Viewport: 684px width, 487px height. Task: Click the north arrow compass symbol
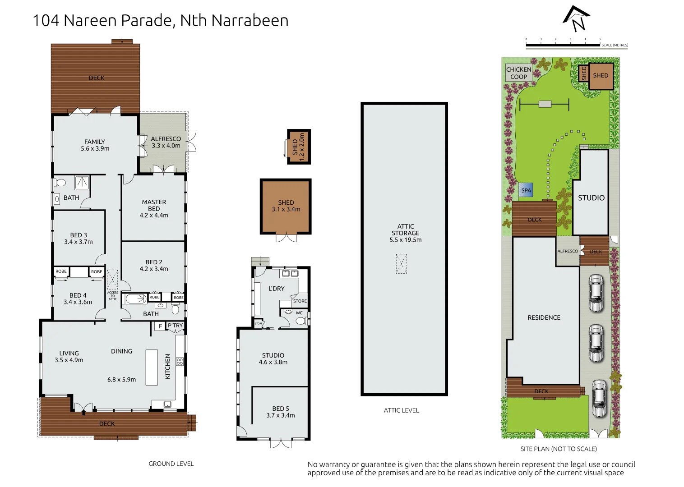pyautogui.click(x=576, y=18)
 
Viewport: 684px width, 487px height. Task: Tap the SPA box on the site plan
pyautogui.click(x=526, y=190)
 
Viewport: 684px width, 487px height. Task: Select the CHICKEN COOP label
pyautogui.click(x=518, y=73)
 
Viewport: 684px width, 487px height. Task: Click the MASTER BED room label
pyautogui.click(x=154, y=205)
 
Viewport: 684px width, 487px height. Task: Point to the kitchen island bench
pyautogui.click(x=152, y=367)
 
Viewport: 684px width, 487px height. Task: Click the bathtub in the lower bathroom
pyautogui.click(x=136, y=298)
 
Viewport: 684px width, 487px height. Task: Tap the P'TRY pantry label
pyautogui.click(x=175, y=326)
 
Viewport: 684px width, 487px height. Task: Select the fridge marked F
pyautogui.click(x=160, y=326)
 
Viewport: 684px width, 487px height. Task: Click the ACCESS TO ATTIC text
pyautogui.click(x=112, y=296)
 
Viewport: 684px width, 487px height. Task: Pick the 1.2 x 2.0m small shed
pyautogui.click(x=299, y=147)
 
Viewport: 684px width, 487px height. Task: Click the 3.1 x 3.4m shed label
pyautogui.click(x=286, y=206)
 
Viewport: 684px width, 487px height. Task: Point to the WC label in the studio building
pyautogui.click(x=299, y=313)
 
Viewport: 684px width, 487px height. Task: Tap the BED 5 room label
pyautogui.click(x=280, y=412)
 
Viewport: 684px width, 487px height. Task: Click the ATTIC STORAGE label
pyautogui.click(x=405, y=230)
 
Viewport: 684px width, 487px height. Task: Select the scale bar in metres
pyautogui.click(x=563, y=45)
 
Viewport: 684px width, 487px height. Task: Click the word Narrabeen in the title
pyautogui.click(x=250, y=21)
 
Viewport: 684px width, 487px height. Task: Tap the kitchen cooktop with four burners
pyautogui.click(x=180, y=361)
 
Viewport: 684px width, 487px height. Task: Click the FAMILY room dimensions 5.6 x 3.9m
pyautogui.click(x=95, y=148)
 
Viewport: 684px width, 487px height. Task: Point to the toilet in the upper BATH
pyautogui.click(x=60, y=183)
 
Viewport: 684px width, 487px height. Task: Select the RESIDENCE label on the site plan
pyautogui.click(x=544, y=317)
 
